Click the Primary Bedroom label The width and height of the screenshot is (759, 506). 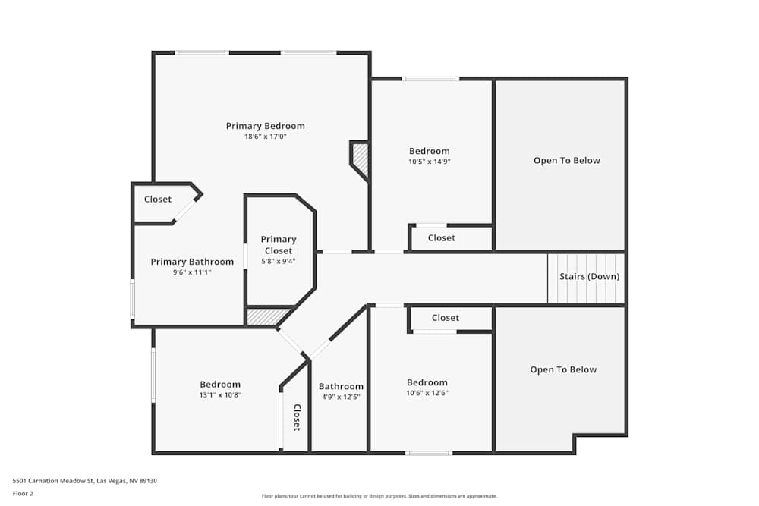pos(266,126)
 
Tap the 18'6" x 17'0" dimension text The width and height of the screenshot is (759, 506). pos(266,137)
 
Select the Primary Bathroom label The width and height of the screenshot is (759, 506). pos(192,262)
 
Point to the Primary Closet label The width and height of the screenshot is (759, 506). pos(278,244)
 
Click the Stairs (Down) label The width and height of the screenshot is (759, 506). pos(589,276)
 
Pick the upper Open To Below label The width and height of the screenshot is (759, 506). pos(566,160)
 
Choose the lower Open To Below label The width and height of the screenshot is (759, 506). pos(563,369)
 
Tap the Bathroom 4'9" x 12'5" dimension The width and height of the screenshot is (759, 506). pos(340,397)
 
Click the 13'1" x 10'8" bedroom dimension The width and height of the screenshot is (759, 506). pos(220,394)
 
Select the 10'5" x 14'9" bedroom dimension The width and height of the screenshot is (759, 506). pos(429,162)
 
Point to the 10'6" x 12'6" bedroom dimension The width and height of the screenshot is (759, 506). pos(427,393)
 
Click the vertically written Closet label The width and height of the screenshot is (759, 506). pos(297,416)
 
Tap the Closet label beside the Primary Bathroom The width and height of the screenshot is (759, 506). pos(158,200)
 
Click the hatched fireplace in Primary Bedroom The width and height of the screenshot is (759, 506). pos(361,159)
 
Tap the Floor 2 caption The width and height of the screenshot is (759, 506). pos(24,493)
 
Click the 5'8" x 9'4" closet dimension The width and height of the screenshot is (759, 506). pos(278,261)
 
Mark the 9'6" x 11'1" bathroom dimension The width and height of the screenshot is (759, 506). pos(192,272)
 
